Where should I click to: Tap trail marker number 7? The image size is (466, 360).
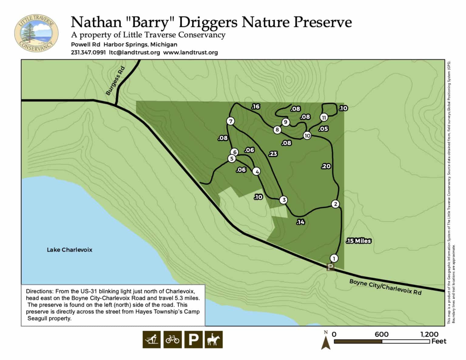point(231,121)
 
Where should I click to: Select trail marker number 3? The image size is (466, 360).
point(284,200)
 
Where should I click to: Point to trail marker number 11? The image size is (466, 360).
point(324,117)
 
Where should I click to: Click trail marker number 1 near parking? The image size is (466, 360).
point(334,258)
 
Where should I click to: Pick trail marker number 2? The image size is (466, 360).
point(335,204)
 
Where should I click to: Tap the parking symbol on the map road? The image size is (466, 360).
point(330,267)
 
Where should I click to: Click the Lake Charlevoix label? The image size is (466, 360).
point(69,250)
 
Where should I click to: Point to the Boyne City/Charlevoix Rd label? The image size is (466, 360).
point(385,287)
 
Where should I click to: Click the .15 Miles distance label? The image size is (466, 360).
point(358,241)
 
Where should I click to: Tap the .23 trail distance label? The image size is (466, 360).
point(273,154)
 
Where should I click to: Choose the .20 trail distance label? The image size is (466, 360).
point(326,166)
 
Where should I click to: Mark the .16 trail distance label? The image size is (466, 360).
point(255,106)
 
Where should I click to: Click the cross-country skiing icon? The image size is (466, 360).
point(151,339)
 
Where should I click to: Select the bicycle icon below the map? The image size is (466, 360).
point(172,339)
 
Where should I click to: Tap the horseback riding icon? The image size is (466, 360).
point(214,339)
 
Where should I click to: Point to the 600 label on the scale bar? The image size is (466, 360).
point(381,334)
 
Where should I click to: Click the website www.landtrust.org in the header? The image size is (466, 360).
point(191,52)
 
